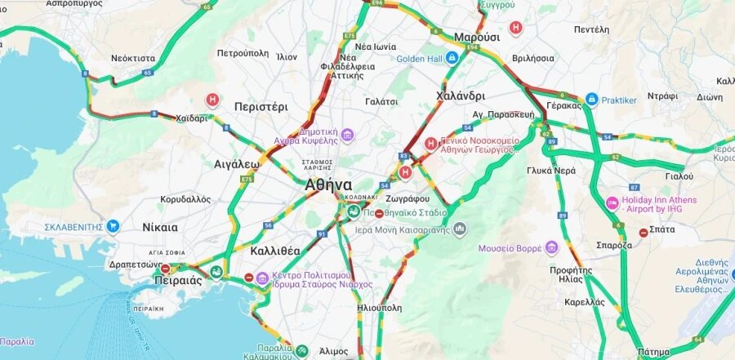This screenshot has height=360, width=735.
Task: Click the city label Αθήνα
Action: [328, 184]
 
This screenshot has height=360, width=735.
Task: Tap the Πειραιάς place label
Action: [178, 280]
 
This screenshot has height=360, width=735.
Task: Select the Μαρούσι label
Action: [477, 38]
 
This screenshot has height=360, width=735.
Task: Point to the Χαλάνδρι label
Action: [461, 96]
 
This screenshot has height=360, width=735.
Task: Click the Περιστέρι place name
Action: [261, 106]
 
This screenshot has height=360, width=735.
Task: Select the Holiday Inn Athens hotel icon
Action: [612, 202]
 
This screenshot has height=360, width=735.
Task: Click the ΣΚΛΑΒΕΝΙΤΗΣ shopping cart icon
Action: [113, 225]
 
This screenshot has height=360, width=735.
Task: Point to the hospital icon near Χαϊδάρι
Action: [212, 100]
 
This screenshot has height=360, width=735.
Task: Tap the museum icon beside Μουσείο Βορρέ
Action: [551, 247]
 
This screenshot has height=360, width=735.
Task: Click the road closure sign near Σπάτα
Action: [644, 233]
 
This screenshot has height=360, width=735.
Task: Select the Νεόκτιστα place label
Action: [133, 59]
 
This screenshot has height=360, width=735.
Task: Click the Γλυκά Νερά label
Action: [552, 171]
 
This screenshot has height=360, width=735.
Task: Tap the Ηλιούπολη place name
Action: [380, 309]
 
